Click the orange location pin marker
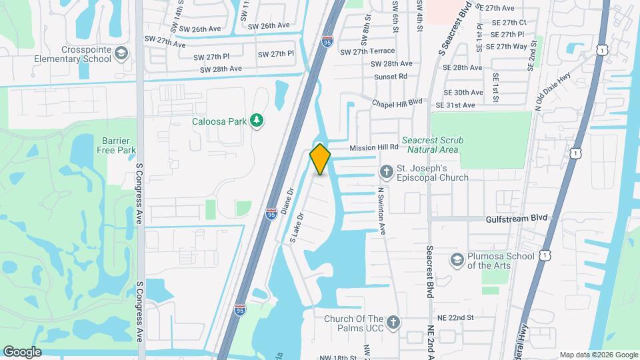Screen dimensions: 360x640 point(321,159)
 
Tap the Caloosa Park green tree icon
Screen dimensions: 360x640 point(256,120)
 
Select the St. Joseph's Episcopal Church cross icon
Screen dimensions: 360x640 point(386,173)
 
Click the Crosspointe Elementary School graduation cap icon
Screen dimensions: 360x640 point(121,53)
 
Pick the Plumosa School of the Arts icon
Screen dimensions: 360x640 point(457,259)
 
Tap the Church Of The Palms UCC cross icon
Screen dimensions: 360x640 point(393,323)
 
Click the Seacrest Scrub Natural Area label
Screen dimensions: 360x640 point(432,145)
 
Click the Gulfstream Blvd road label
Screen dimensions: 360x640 point(516,218)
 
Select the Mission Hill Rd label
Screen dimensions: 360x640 point(374,147)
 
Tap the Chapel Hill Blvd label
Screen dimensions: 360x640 point(397,102)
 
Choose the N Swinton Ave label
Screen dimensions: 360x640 point(382,210)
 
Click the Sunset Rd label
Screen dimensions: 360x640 point(390,77)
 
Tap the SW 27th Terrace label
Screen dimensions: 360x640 point(367,51)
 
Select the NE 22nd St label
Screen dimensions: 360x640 point(456,318)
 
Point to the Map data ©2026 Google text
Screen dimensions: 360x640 point(598,355)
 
